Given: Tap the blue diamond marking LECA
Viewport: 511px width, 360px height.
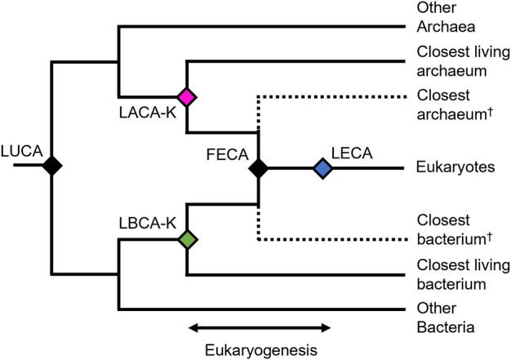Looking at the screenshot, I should [323, 168].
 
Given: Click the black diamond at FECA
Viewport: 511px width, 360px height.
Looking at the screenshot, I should [259, 168].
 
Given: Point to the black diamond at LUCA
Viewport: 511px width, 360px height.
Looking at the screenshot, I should [54, 166].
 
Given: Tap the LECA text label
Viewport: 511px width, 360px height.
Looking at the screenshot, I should [352, 152].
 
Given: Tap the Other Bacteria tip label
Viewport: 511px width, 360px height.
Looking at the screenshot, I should [444, 319].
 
